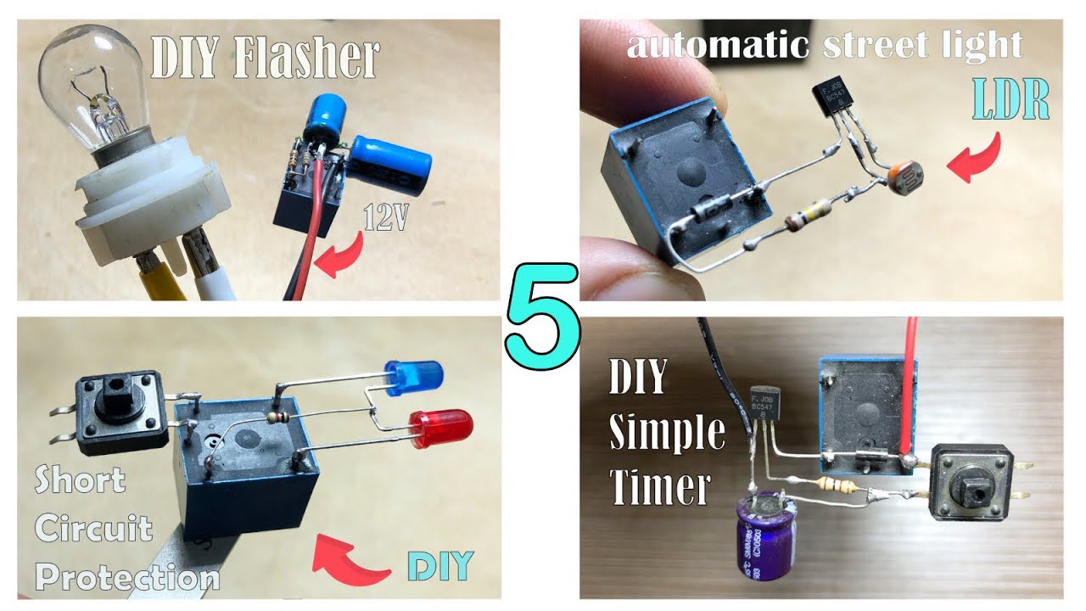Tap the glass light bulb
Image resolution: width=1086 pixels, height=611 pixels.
coord(94,85)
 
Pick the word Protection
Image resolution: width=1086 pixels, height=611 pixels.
coord(127,578)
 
